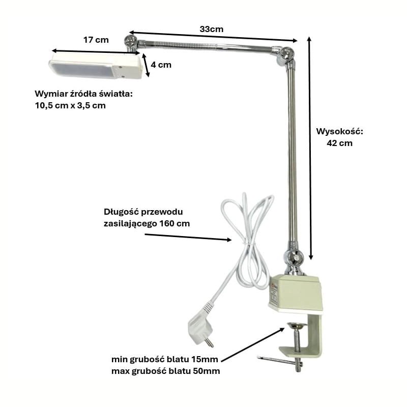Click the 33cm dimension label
[211, 29]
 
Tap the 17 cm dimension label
[96, 40]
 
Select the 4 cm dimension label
[161, 65]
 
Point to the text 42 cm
[339, 143]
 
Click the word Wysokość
[339, 131]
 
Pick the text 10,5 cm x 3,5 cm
[70, 106]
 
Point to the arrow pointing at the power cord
[188, 237]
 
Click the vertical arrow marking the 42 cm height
[310, 148]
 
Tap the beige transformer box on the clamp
[296, 293]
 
